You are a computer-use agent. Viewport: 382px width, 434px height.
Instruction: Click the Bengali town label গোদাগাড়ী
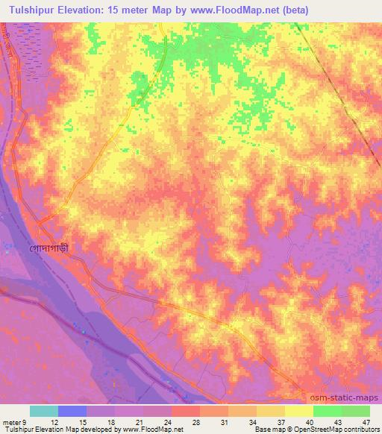53,248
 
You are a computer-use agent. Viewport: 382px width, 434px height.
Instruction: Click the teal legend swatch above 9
43,411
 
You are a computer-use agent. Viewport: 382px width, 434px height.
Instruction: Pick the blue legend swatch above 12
72,411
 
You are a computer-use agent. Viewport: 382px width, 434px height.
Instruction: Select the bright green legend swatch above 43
327,411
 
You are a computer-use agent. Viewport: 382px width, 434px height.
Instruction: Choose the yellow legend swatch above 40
298,411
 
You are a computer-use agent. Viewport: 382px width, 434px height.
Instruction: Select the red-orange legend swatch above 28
185,411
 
